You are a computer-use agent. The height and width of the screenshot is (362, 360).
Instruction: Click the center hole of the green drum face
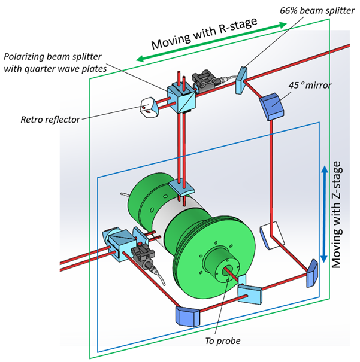coord(229,272)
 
